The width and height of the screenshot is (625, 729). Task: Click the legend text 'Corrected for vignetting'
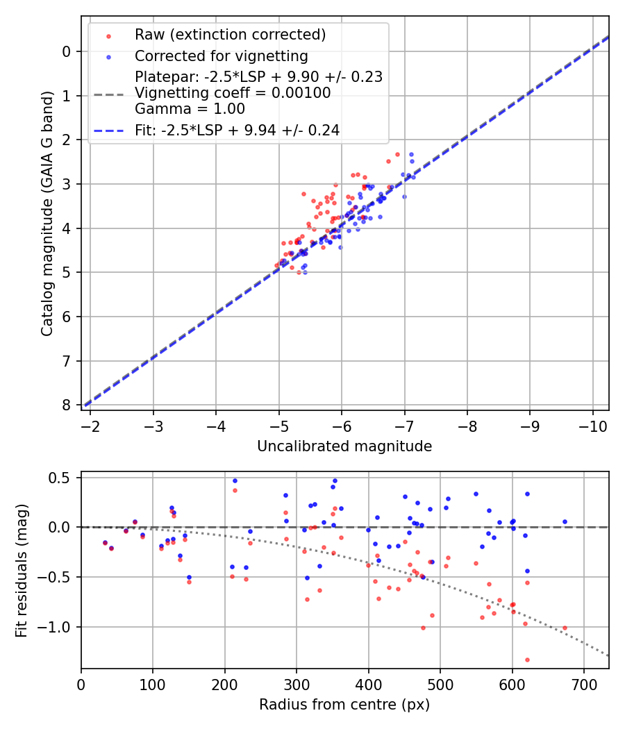[x=221, y=56]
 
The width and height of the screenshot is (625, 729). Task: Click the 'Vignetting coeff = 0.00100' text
[x=233, y=93]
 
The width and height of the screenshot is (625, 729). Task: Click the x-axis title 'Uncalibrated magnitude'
[x=344, y=446]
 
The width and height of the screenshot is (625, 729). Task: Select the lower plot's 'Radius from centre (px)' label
[x=344, y=705]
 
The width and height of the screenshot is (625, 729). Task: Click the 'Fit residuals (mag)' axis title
[x=22, y=570]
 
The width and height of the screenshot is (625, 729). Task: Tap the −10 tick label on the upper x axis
[x=592, y=424]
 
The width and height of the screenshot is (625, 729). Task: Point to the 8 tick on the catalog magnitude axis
[x=67, y=405]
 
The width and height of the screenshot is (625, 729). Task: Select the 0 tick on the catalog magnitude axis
[x=67, y=51]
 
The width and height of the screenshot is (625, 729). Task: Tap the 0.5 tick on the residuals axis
[x=63, y=478]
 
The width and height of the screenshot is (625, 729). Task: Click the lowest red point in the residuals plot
[x=527, y=660]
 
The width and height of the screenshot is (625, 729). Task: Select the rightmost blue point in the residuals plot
[x=565, y=521]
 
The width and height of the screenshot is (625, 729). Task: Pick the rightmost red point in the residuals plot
[x=565, y=628]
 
